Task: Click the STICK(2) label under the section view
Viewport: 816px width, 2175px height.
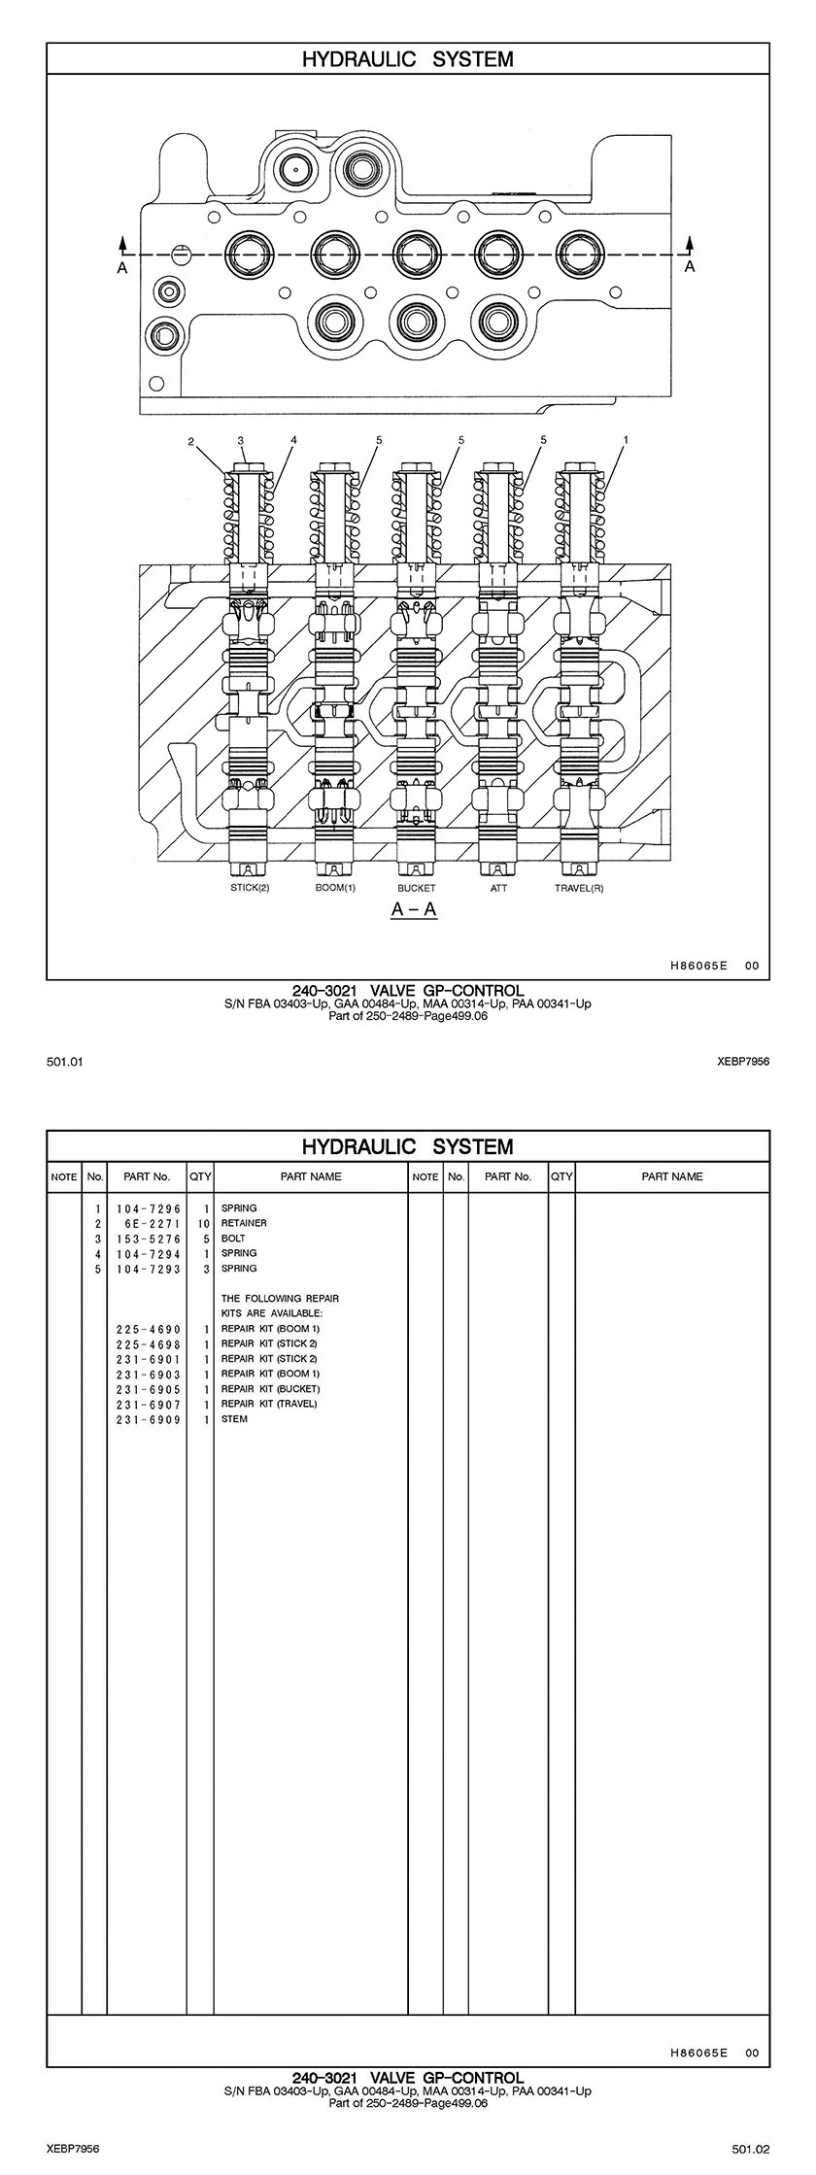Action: point(250,888)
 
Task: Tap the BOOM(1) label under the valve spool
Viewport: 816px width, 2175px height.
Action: point(335,888)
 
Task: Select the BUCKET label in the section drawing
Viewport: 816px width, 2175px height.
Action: point(417,888)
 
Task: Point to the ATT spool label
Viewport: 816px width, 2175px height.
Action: point(498,888)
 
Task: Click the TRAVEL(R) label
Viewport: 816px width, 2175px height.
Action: point(579,888)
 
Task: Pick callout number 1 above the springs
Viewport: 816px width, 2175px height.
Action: point(626,440)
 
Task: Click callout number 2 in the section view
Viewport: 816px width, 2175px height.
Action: point(192,442)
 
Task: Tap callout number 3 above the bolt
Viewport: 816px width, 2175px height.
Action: point(240,440)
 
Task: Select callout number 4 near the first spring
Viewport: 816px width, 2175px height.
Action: point(293,440)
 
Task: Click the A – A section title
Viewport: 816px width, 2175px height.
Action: point(414,910)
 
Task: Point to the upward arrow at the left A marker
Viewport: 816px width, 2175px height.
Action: point(123,243)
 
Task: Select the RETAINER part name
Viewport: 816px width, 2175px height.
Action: point(244,1223)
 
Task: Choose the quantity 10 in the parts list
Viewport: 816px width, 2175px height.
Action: point(203,1223)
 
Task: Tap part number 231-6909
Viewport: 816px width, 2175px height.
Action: point(148,1419)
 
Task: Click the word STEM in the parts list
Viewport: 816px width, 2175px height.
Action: point(234,1419)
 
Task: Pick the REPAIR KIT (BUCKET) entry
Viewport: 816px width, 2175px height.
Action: point(270,1389)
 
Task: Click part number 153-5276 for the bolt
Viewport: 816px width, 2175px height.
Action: point(148,1239)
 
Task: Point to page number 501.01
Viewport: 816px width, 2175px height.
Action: point(64,1062)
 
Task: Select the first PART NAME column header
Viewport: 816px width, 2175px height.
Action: point(311,1176)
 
